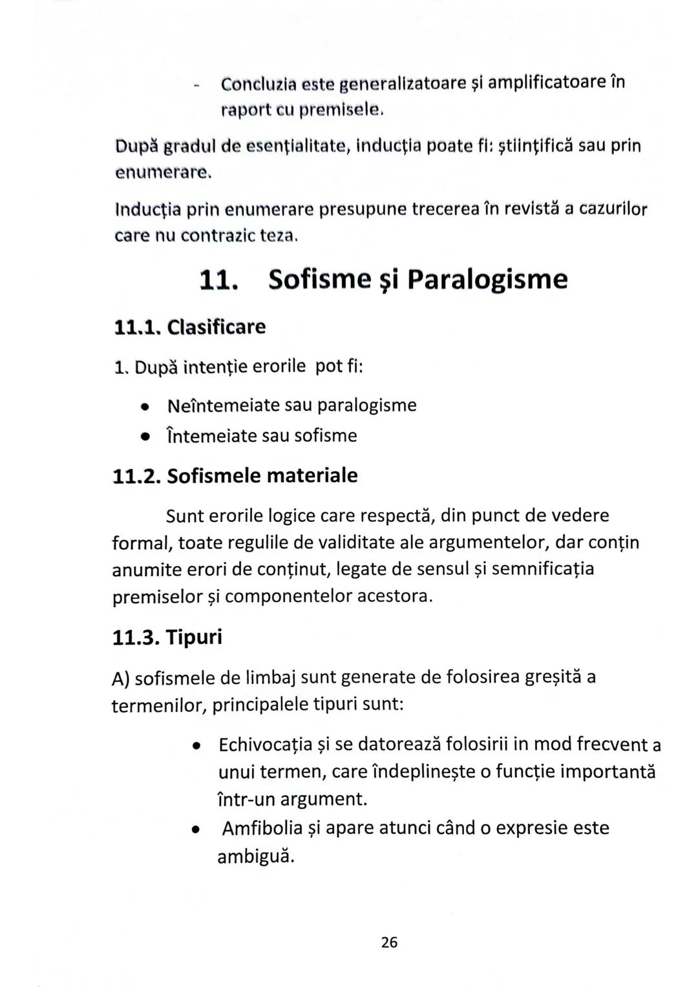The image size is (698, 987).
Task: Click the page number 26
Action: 389,942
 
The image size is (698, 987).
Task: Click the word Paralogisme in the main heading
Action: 487,279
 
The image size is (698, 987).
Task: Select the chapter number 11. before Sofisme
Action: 218,280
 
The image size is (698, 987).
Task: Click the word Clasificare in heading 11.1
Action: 216,327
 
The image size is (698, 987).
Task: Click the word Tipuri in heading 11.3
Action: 194,637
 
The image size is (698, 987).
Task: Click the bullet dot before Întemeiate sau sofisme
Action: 146,437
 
